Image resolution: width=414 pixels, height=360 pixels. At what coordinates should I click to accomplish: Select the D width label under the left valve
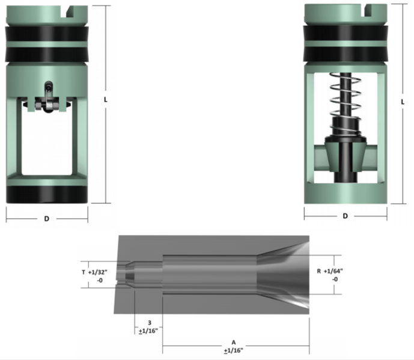pos(46,219)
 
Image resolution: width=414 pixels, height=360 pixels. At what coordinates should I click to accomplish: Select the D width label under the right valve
pos(345,216)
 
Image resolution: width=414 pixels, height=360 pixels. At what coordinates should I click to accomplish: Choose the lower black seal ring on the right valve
pos(345,55)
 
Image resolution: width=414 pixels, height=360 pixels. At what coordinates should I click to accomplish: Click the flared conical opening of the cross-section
pos(282,274)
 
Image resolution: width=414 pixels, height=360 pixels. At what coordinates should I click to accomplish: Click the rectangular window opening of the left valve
pos(46,144)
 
